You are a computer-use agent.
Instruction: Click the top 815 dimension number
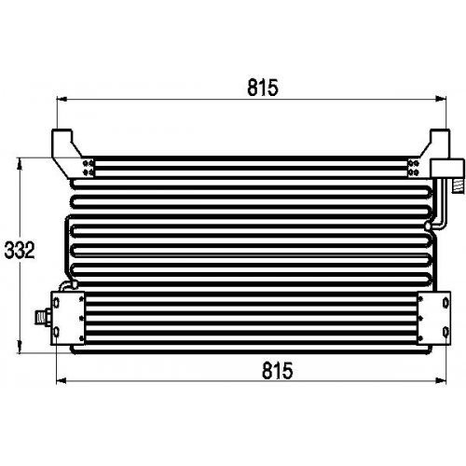tap(263, 88)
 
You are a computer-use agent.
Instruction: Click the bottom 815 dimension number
tap(277, 370)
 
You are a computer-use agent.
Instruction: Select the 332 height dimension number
tap(20, 251)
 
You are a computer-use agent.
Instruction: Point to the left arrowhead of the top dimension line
tap(62, 99)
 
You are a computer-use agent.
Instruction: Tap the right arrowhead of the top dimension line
tap(441, 99)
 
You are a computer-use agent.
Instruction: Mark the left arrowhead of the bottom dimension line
tap(62, 380)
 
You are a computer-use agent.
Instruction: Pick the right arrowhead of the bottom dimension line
tap(441, 380)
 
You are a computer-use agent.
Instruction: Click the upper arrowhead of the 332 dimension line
tap(21, 164)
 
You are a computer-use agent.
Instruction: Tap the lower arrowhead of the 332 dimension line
tap(21, 347)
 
